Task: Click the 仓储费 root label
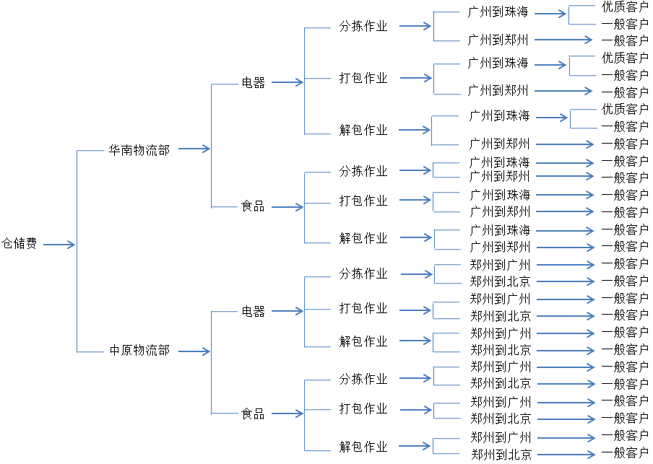[19, 244]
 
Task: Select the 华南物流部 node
[139, 150]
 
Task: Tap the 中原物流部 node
[139, 351]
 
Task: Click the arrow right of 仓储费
[59, 245]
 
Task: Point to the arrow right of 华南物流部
[194, 149]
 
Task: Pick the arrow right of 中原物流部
[194, 351]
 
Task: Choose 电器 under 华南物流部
[253, 83]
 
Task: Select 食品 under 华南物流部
[253, 206]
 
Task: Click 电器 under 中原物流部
[253, 312]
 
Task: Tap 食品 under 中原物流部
[253, 414]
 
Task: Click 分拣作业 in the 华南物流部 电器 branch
[363, 27]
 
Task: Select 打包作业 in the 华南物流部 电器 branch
[363, 78]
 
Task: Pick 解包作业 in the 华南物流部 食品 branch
[363, 238]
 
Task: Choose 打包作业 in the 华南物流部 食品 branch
[363, 201]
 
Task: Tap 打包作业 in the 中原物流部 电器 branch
[363, 309]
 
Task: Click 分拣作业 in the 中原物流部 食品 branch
[363, 379]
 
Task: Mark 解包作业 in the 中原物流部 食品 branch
[363, 447]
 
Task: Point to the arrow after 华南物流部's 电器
[287, 83]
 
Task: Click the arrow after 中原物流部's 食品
[287, 414]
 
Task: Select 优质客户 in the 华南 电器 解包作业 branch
[625, 109]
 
